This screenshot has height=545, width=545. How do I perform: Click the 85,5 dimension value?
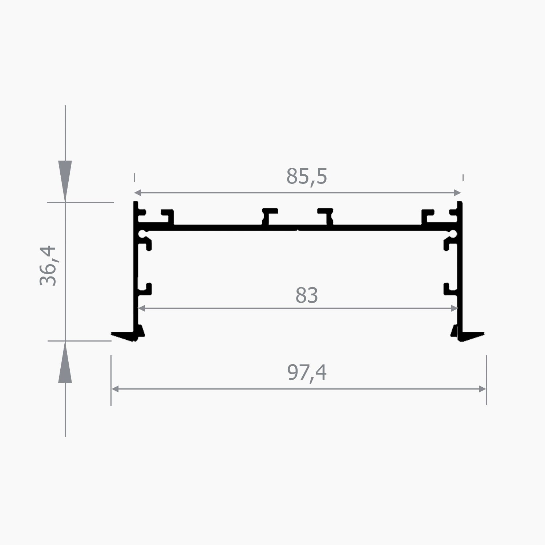point(307,177)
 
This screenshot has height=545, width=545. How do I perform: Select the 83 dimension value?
point(306,295)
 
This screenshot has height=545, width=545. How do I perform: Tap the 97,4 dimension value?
point(307,372)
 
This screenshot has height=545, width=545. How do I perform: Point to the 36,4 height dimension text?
point(48,266)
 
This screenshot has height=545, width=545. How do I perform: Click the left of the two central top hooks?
point(268,216)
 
